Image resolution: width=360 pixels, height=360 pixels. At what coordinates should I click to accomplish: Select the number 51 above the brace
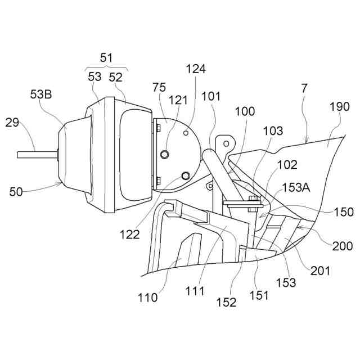[x=107, y=57]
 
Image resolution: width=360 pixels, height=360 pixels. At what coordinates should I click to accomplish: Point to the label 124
[x=196, y=69]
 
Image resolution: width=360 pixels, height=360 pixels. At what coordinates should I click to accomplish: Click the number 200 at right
[x=342, y=246]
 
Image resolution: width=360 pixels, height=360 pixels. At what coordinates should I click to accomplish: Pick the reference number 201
[x=320, y=271]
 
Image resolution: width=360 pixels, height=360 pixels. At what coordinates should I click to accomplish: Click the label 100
[x=245, y=111]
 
